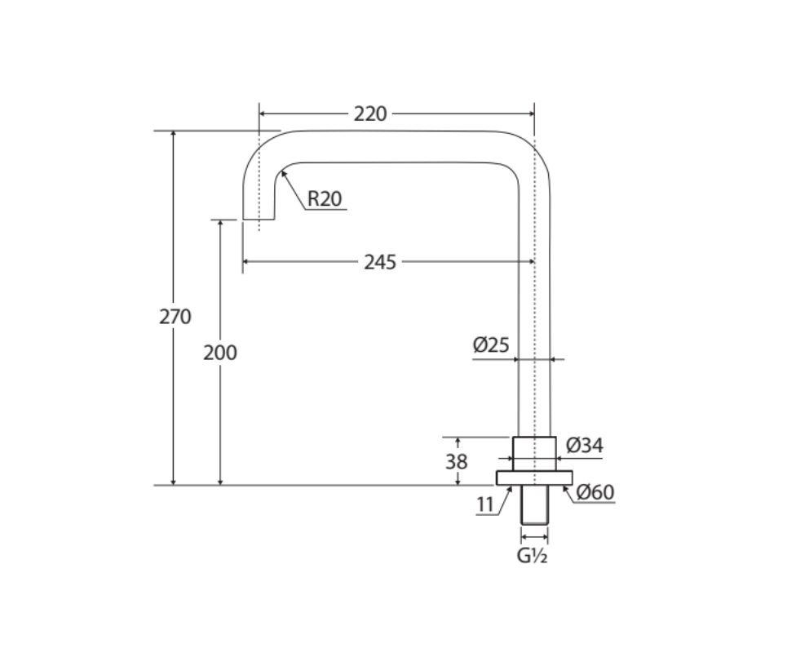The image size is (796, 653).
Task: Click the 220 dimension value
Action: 370,113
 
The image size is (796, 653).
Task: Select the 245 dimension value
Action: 380,262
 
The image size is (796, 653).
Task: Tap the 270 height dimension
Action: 175,317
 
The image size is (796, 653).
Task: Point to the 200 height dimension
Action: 220,353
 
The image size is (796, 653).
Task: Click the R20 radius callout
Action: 325,198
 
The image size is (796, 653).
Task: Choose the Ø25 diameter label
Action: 491,345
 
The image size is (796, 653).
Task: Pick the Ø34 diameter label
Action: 585,446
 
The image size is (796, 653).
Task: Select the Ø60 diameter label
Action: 595,492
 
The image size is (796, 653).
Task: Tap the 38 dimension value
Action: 457,461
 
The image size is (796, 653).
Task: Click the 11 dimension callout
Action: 485,504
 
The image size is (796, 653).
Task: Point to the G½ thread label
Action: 532,555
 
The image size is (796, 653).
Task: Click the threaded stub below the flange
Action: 534,504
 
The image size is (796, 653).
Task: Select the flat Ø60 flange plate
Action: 534,478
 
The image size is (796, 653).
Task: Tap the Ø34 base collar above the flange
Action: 534,454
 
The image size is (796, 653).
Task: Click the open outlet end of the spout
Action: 259,219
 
